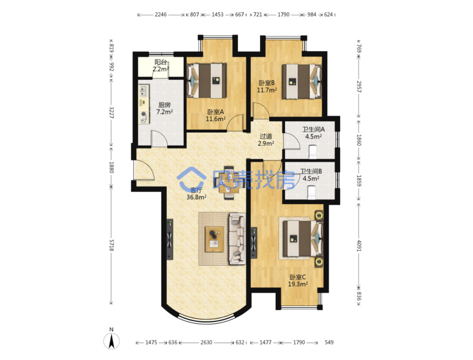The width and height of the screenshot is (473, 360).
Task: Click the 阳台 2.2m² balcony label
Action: pos(160,65)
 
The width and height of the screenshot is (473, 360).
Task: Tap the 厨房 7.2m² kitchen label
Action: pos(164,108)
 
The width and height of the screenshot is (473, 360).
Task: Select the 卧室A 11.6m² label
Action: pos(216,115)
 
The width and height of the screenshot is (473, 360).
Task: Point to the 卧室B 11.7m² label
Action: pos(267,87)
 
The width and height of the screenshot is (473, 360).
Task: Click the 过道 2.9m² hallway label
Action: pos(266,139)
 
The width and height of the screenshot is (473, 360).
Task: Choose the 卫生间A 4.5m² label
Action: pos(313,133)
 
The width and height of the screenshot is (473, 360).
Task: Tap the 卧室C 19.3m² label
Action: pos(298,281)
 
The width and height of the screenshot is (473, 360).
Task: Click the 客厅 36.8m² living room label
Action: pos(196,193)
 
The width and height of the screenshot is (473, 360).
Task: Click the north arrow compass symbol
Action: pos(112,339)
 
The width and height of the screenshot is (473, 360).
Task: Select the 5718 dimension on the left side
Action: pos(112,245)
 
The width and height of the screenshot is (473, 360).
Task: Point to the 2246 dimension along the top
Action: pos(161,15)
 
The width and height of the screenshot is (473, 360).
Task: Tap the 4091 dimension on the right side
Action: pos(359,246)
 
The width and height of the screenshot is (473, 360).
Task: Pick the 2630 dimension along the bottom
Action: pos(206,342)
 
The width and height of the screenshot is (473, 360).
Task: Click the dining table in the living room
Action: pos(229,183)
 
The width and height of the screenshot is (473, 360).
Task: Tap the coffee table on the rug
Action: pos(214,239)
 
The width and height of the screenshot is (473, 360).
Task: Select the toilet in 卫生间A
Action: pos(312,151)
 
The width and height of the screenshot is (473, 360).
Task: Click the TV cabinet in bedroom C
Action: pos(254,243)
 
